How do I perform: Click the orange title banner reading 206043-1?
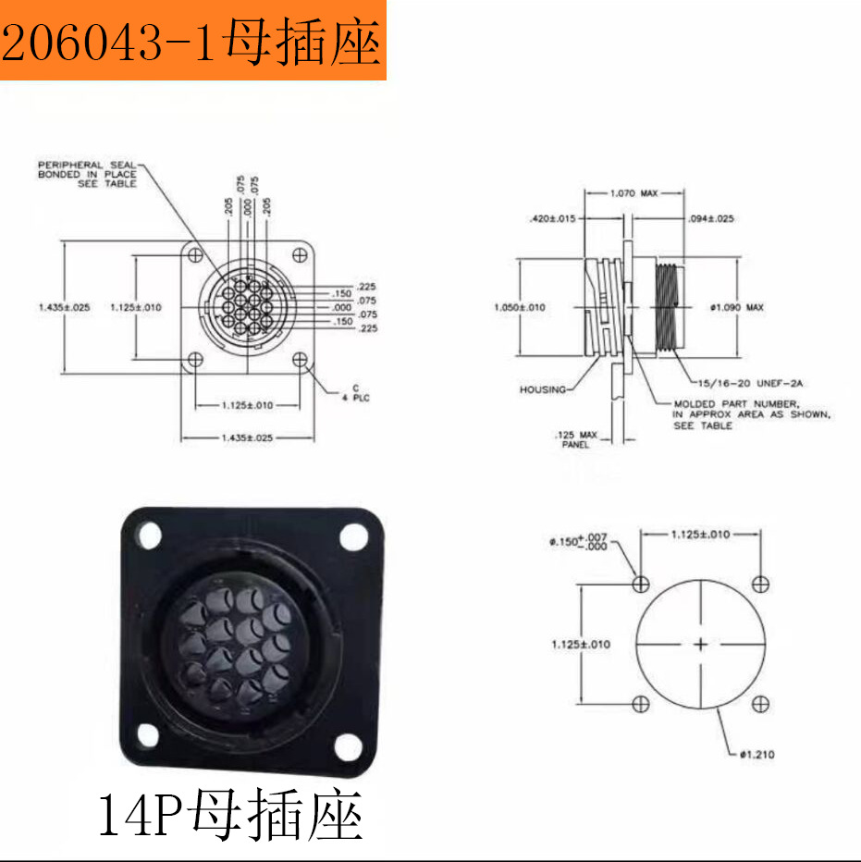192,42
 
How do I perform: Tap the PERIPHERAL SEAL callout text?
87,174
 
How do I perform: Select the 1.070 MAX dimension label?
633,193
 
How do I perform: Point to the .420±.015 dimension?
552,219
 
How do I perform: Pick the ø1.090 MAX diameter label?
737,307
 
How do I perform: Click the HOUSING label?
542,389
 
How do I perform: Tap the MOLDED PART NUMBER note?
750,414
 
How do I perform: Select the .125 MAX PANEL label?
576,439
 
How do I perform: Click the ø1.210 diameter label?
756,755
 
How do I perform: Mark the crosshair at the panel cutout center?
700,644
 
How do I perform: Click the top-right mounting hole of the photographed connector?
352,536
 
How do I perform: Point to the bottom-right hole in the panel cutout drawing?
760,705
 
